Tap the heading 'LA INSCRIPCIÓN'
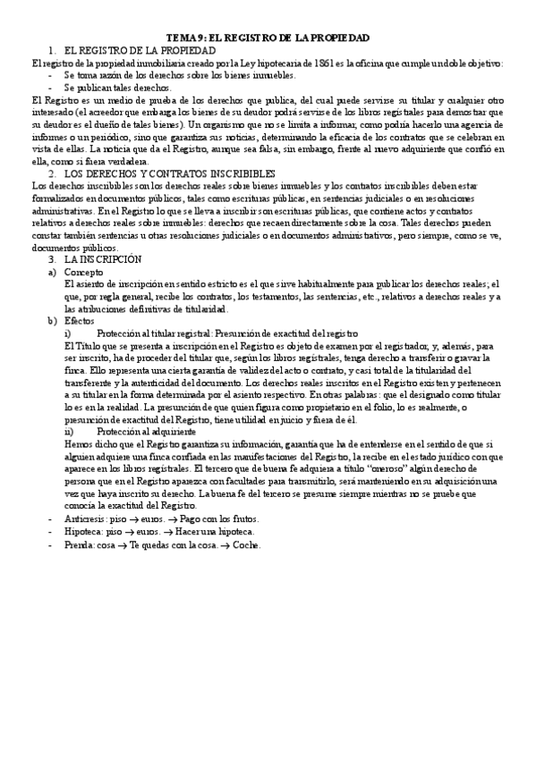point(104,258)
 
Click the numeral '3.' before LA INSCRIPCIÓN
point(52,258)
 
